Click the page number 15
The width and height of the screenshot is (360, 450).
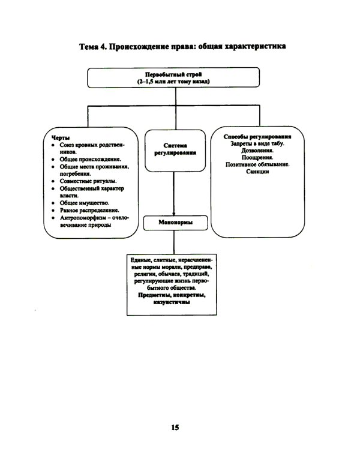(x=175, y=427)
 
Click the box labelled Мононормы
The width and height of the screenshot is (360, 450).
(x=174, y=223)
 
